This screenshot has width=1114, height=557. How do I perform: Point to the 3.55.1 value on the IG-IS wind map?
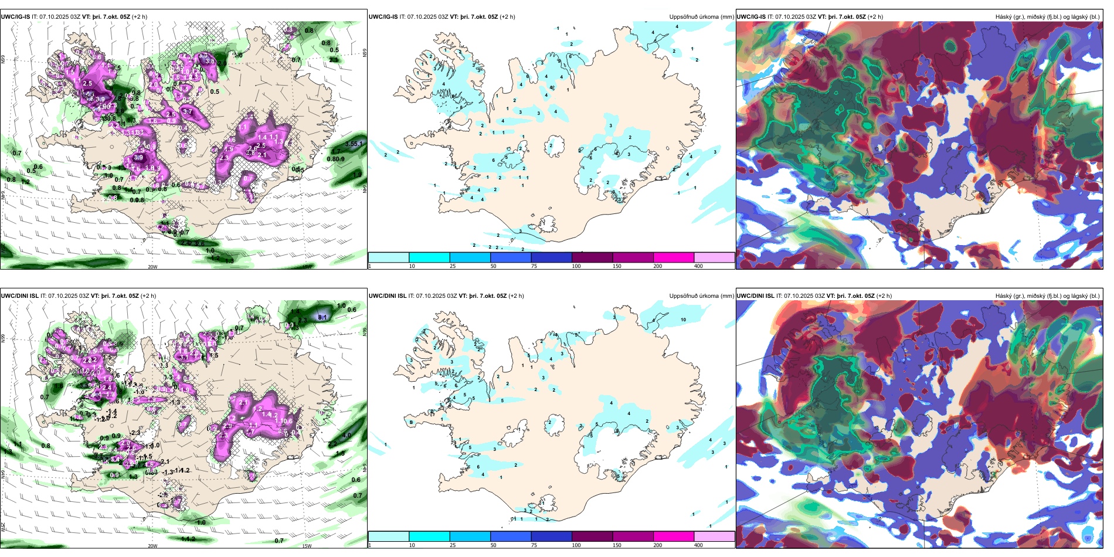354,144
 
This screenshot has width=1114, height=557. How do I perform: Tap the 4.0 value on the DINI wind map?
347,436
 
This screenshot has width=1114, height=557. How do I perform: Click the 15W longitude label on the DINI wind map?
307,545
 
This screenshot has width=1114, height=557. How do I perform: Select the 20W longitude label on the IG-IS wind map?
152,267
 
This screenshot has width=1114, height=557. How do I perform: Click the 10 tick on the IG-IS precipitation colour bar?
412,266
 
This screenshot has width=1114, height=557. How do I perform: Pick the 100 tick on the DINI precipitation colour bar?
576,545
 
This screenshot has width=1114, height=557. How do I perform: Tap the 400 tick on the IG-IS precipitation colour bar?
698,266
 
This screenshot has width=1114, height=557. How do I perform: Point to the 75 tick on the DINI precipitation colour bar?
534,545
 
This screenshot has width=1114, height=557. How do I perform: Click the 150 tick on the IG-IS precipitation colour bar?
617,266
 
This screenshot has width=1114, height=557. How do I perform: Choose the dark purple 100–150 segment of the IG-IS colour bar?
592,257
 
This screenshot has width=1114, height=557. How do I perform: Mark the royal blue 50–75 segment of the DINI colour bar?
511,536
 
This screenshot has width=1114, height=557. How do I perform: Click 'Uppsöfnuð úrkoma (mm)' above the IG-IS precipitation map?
701,17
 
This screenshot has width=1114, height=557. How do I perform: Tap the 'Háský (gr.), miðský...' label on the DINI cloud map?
1047,296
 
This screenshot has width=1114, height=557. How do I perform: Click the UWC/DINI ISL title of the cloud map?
755,296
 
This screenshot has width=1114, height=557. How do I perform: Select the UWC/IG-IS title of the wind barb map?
15,17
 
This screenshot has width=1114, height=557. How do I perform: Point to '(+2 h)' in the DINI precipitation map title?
516,296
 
